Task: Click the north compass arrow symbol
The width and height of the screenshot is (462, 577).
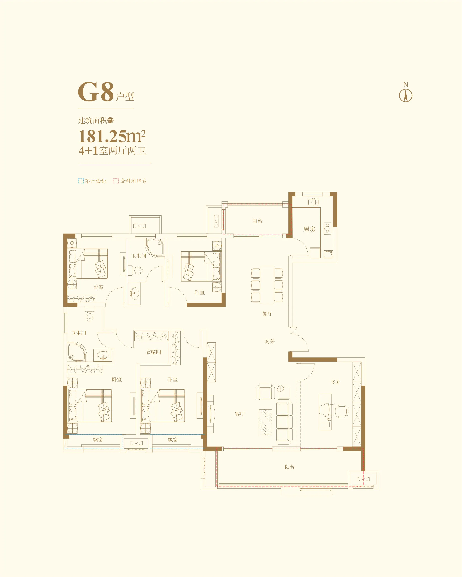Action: pos(406,96)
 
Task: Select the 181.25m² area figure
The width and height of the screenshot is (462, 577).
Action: pos(112,137)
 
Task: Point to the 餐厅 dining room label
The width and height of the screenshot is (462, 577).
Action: pos(267,314)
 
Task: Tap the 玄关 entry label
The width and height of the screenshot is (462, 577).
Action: pos(270,341)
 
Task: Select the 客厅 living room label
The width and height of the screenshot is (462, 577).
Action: pos(240,414)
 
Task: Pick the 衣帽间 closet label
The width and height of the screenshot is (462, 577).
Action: pos(153,352)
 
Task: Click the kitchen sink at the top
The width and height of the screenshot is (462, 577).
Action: pos(313,202)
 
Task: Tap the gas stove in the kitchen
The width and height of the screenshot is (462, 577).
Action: pos(327,229)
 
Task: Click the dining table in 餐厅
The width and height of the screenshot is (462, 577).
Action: pos(267,285)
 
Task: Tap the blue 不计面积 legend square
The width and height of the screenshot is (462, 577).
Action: pos(81,181)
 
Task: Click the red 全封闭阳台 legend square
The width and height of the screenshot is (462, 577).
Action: pos(116,181)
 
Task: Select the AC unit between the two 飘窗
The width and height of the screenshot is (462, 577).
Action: pos(136,443)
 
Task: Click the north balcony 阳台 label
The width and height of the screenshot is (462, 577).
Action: pos(257,221)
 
